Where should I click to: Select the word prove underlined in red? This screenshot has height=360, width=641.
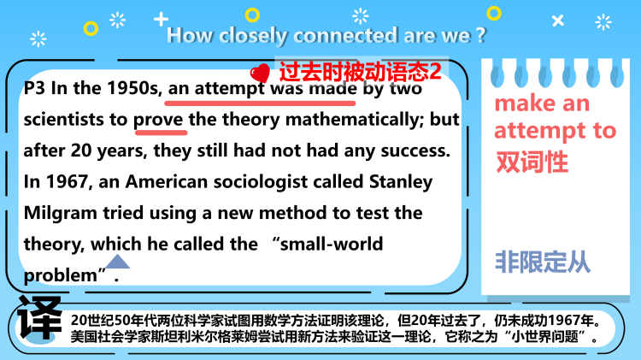[160, 120]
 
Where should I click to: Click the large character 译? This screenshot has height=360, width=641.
[38, 320]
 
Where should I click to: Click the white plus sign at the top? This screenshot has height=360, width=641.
[161, 18]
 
